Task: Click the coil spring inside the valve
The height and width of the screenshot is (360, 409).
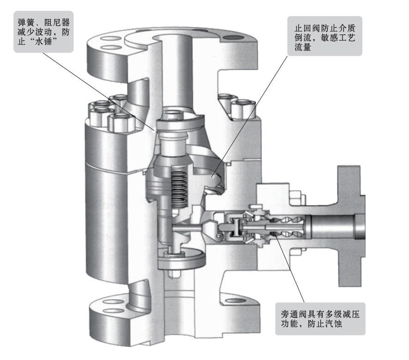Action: point(179,187)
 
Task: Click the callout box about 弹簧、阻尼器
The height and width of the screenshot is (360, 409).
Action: point(43,31)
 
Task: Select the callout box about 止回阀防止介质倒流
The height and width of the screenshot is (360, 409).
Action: point(325,36)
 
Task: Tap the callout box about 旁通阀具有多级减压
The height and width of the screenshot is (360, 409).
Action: point(320,319)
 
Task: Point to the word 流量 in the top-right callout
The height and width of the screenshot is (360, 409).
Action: point(303,47)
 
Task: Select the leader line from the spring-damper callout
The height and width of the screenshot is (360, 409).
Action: point(99,92)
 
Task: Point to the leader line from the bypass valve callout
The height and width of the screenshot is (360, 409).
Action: point(289,268)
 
